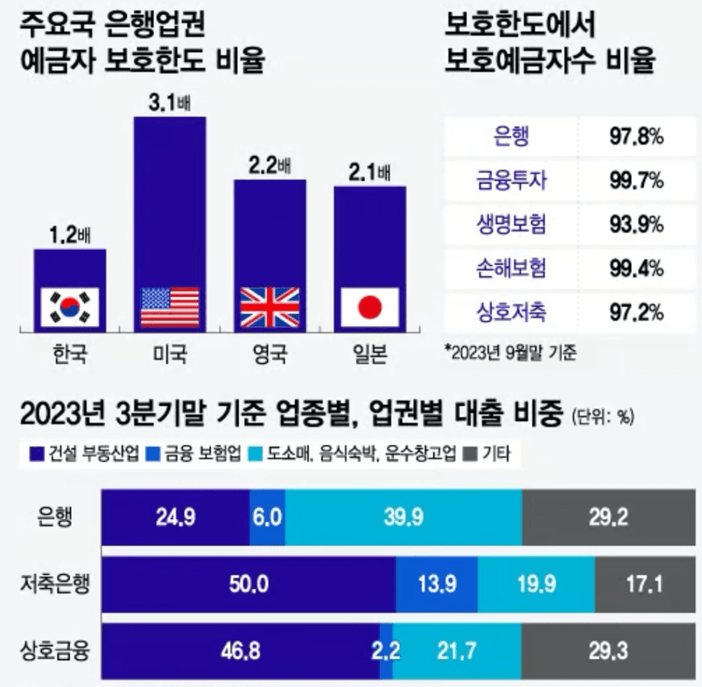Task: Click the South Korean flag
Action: [x=69, y=307]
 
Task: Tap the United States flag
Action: [x=170, y=307]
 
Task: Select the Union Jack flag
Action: [x=270, y=307]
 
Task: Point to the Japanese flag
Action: [x=370, y=307]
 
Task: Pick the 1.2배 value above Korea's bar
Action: [x=69, y=236]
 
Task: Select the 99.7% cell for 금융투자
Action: [x=637, y=179]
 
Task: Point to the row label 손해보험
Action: [x=512, y=268]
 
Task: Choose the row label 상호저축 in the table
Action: [x=512, y=313]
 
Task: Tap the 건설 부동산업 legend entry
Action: [x=76, y=453]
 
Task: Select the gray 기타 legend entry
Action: [x=491, y=453]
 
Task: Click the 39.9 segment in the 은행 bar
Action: [x=403, y=517]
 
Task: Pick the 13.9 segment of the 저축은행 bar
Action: [x=437, y=585]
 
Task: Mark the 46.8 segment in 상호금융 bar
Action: [x=240, y=651]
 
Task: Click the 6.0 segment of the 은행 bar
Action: [x=267, y=517]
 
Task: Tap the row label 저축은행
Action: [x=55, y=585]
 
